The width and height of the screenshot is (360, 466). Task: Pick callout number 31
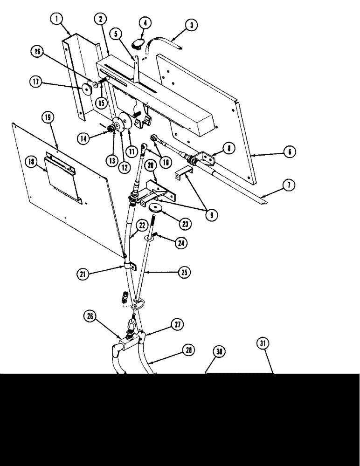click(263, 344)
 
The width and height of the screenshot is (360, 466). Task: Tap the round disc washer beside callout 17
click(86, 89)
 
